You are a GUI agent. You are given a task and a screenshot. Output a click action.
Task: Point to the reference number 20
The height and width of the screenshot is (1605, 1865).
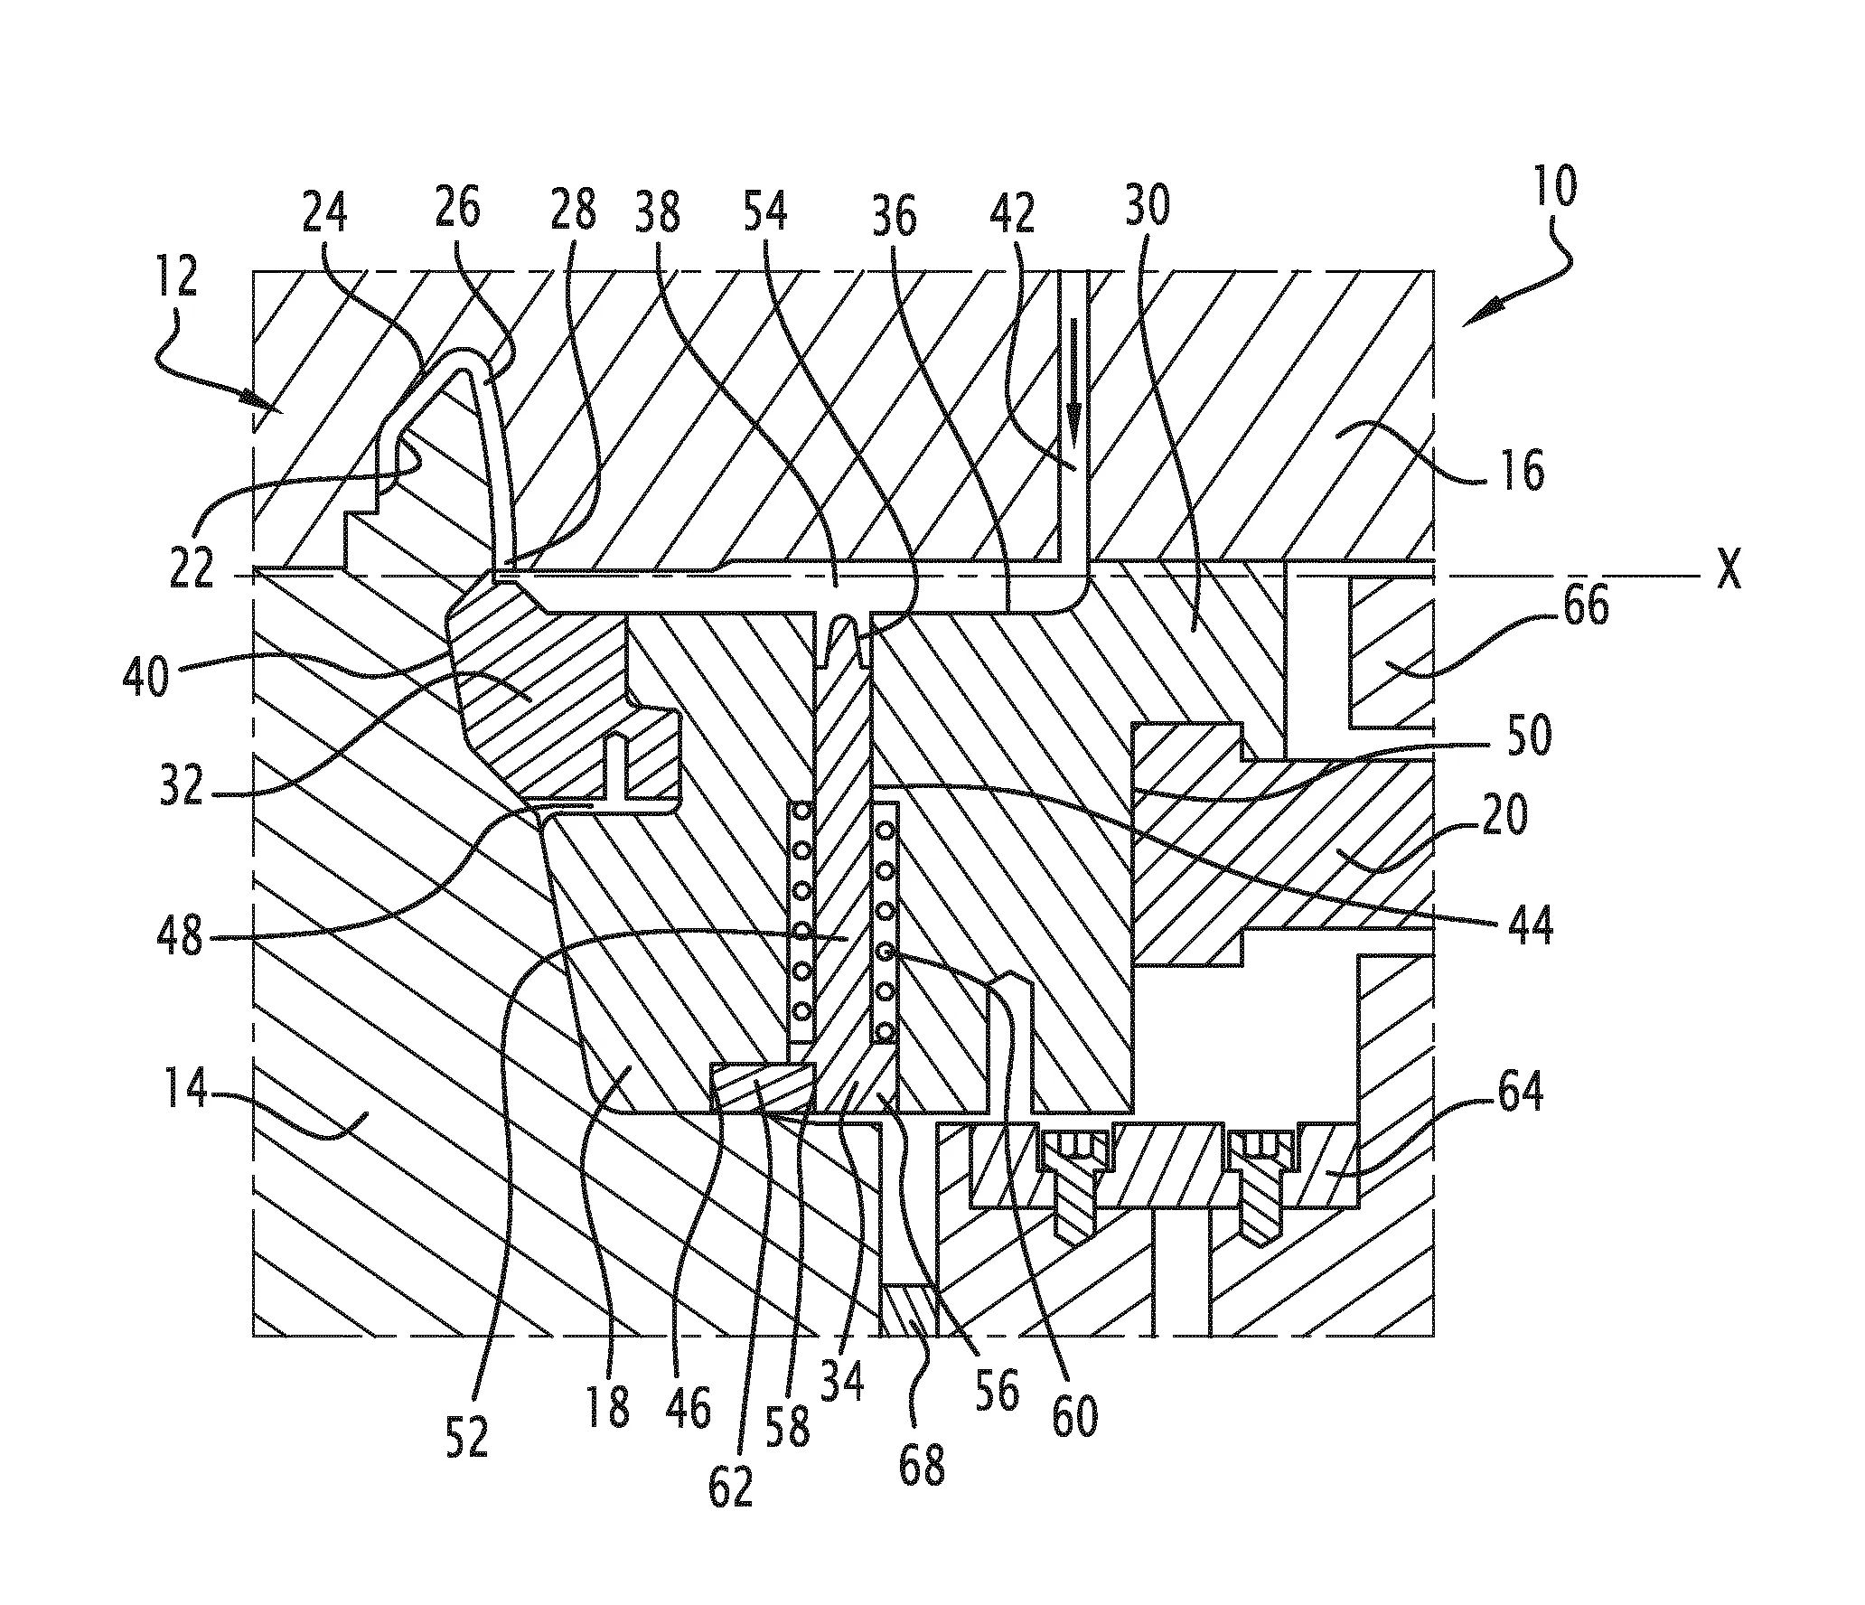tap(1504, 814)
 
